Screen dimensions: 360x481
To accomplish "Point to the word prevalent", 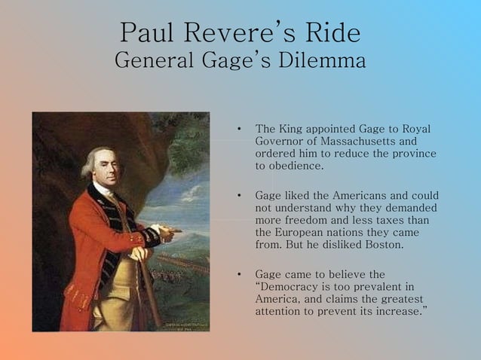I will pyautogui.click(x=378, y=287).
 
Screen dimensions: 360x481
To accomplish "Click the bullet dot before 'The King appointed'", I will pyautogui.click(x=238, y=129).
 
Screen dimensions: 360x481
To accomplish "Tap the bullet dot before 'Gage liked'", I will pyautogui.click(x=238, y=196).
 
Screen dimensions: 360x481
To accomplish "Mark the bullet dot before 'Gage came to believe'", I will pyautogui.click(x=238, y=275).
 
